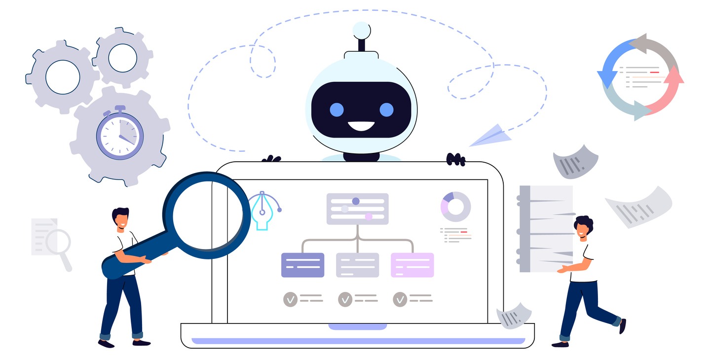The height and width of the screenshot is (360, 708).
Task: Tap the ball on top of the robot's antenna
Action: click(362, 30)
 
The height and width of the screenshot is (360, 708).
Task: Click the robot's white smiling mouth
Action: click(361, 127)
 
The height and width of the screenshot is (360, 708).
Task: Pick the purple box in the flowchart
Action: click(302, 265)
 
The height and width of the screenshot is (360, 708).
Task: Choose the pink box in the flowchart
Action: click(412, 265)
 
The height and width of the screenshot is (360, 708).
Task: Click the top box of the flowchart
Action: click(357, 209)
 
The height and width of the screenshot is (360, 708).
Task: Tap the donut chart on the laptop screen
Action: click(455, 206)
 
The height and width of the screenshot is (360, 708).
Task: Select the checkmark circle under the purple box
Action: click(290, 299)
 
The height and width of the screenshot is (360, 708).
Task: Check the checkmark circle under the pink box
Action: click(400, 299)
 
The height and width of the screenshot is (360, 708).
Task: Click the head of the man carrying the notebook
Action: click(583, 226)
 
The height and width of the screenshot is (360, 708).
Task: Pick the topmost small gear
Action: click(122, 57)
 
